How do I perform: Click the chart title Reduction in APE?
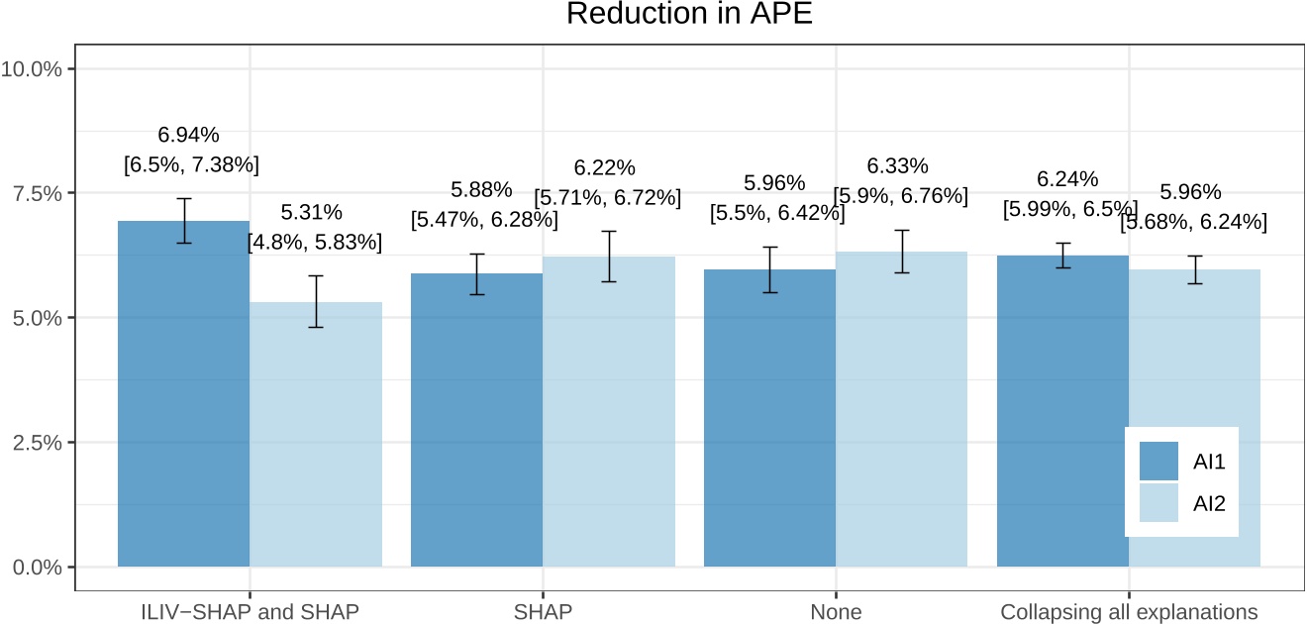point(689,15)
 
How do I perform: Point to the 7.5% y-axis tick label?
point(38,193)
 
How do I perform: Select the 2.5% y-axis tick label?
point(38,442)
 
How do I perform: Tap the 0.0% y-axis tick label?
point(38,567)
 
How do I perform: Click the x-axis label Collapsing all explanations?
point(1129,612)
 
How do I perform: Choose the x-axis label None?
point(836,612)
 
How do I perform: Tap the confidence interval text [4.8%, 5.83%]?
point(314,241)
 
